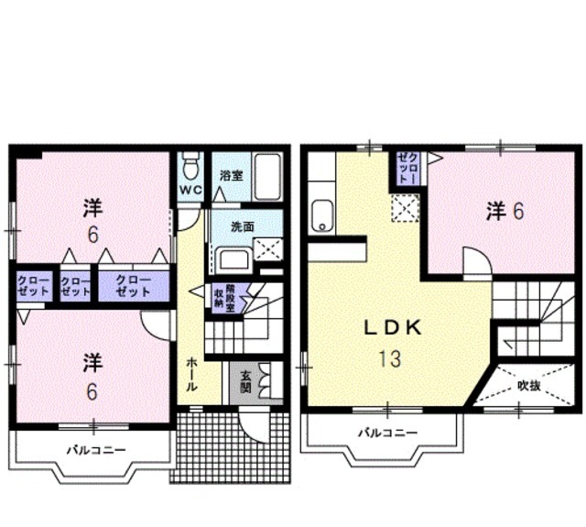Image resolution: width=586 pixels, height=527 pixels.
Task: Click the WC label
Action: tap(190, 191)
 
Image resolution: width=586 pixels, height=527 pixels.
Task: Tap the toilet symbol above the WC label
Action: tap(190, 167)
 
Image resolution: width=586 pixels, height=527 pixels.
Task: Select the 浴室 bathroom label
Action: tap(231, 175)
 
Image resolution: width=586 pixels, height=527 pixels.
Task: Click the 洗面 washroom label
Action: tap(243, 226)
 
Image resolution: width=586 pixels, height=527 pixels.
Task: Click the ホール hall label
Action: tap(191, 374)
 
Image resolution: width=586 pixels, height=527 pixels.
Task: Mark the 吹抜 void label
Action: tap(529, 385)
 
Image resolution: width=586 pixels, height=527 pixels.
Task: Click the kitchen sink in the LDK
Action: tap(323, 214)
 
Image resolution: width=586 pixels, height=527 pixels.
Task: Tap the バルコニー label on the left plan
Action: tap(95, 450)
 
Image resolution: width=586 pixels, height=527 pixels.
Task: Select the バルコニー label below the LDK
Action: tap(387, 433)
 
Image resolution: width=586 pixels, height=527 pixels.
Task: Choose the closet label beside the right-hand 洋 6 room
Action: tap(408, 169)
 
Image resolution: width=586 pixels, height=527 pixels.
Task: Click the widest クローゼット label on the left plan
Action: tap(134, 285)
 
